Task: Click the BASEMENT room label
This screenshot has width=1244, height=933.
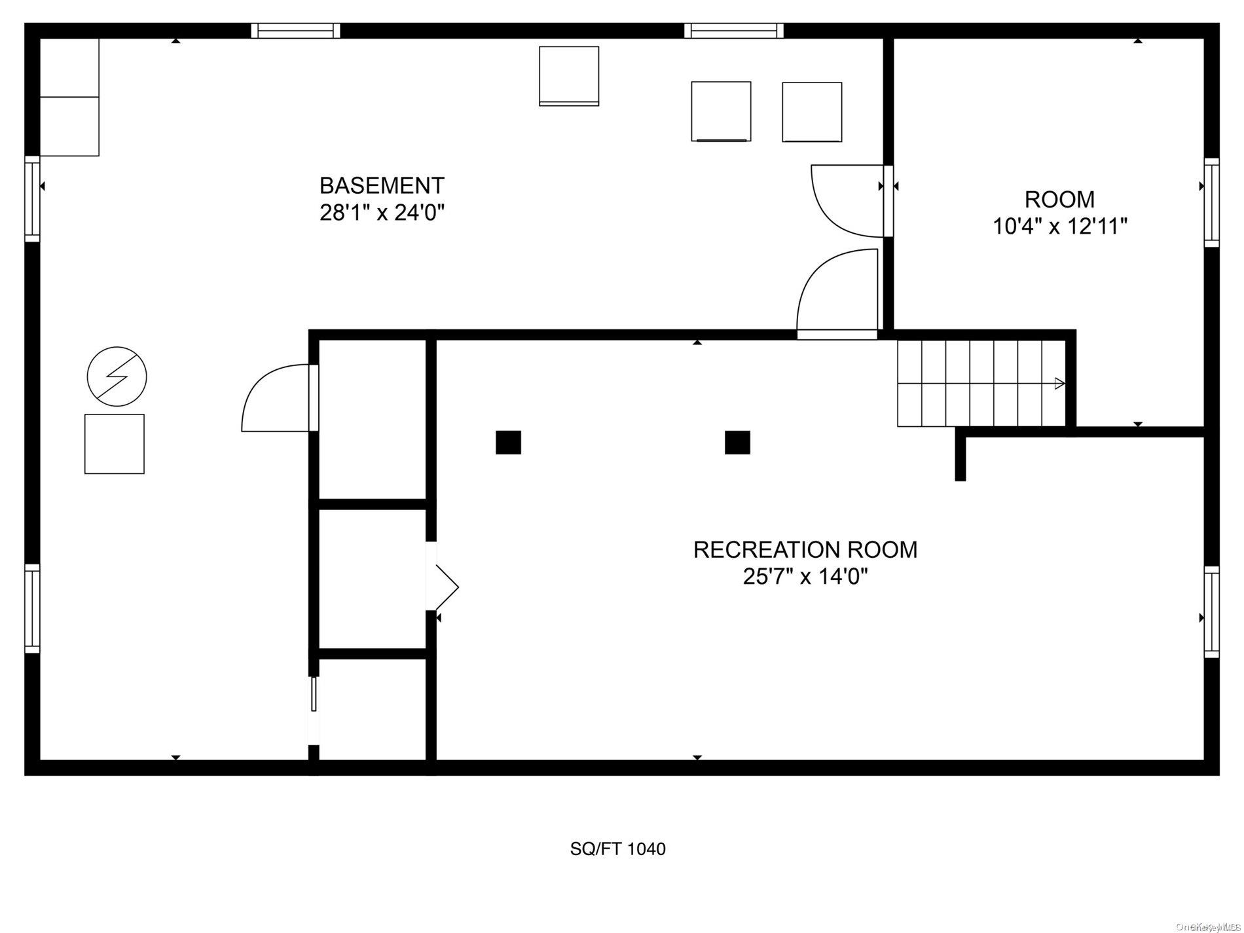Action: tap(382, 186)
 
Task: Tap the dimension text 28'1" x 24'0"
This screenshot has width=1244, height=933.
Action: tap(382, 213)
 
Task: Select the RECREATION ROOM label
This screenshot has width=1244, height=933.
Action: tap(805, 550)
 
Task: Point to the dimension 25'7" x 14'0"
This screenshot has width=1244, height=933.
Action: tap(805, 577)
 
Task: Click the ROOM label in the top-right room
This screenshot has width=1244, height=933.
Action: tap(1059, 199)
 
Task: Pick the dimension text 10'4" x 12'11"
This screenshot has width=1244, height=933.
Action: tap(1059, 227)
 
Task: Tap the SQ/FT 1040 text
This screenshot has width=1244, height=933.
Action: tap(617, 849)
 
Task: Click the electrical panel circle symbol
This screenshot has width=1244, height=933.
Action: tap(117, 376)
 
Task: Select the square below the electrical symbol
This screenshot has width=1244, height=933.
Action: tap(114, 444)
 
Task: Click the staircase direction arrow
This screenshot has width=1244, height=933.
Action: tap(1059, 384)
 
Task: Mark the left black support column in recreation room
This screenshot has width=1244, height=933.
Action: tap(508, 443)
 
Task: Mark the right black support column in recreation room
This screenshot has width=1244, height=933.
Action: tap(737, 443)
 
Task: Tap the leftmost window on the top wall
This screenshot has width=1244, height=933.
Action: tap(296, 31)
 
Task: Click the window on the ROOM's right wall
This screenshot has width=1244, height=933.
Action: tap(1212, 202)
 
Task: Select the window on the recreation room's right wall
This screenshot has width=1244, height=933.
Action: tap(1212, 612)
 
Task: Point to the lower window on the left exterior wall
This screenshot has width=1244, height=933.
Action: tap(32, 609)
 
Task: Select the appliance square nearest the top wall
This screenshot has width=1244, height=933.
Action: tap(568, 75)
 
